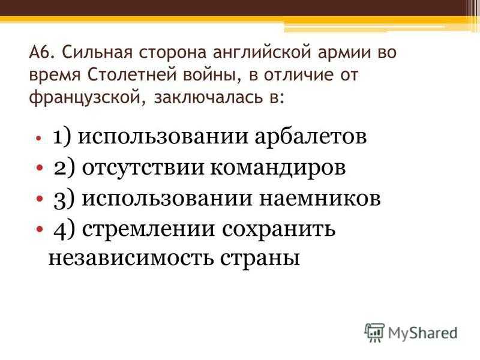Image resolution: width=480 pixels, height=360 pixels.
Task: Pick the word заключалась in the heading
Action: point(209,98)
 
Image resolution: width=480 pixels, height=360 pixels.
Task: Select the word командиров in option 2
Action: point(278,168)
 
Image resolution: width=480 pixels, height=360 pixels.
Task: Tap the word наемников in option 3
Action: point(320,199)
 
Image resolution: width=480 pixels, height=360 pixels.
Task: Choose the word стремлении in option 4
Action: point(148,230)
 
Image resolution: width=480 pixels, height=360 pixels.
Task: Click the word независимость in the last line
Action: point(131,259)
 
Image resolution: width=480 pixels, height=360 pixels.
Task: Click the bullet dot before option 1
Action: point(38,138)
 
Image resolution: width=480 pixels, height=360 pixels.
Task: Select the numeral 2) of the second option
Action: point(64,169)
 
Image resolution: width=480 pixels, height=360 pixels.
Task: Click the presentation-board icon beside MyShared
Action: point(374,332)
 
